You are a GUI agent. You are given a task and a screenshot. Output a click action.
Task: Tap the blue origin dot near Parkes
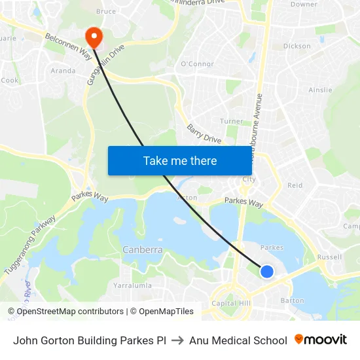coord(267,271)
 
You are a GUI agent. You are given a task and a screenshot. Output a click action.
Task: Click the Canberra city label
coord(142,250)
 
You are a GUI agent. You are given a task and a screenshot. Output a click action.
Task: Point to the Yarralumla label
coord(133,286)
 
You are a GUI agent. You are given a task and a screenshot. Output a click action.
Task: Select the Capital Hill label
coord(230,303)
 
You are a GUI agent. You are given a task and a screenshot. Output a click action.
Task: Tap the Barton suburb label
coord(292,300)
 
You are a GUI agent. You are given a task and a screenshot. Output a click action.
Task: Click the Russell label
coord(329,257)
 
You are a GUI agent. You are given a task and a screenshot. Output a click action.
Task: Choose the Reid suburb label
coord(295,185)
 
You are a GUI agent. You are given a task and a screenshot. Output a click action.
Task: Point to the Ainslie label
coord(320,90)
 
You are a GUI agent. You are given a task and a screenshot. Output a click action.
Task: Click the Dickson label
coord(297,46)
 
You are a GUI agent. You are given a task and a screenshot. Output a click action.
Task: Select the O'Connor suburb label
coord(197,64)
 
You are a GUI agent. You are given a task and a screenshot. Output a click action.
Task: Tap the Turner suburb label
coord(231,121)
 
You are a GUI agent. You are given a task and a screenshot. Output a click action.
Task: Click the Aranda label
coord(63,71)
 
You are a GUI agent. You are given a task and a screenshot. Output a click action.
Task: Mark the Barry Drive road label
coord(203,134)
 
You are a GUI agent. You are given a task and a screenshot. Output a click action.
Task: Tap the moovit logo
coord(321,340)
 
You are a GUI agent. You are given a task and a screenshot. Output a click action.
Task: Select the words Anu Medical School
coord(238,340)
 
